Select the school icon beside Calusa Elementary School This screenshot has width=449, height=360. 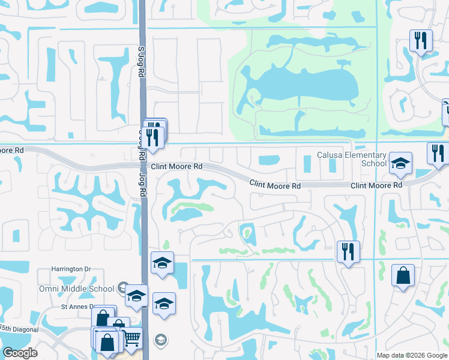coord(400,163)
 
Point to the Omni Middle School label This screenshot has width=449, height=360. coord(83,289)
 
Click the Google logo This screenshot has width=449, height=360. coord(20,353)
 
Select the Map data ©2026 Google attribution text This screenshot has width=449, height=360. coord(411,355)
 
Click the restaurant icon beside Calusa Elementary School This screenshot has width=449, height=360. coord(438,153)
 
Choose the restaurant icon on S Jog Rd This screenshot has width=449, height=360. coord(154,137)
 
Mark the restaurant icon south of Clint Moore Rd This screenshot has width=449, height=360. coord(348,251)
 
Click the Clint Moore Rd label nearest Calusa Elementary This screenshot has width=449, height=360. coord(376,186)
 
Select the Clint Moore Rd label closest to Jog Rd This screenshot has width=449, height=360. coord(176,166)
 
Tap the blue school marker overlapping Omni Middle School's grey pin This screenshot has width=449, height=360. coord(137,295)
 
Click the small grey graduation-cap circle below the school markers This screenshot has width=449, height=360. coord(160,341)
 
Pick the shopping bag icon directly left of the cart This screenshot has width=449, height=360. coord(108,343)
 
